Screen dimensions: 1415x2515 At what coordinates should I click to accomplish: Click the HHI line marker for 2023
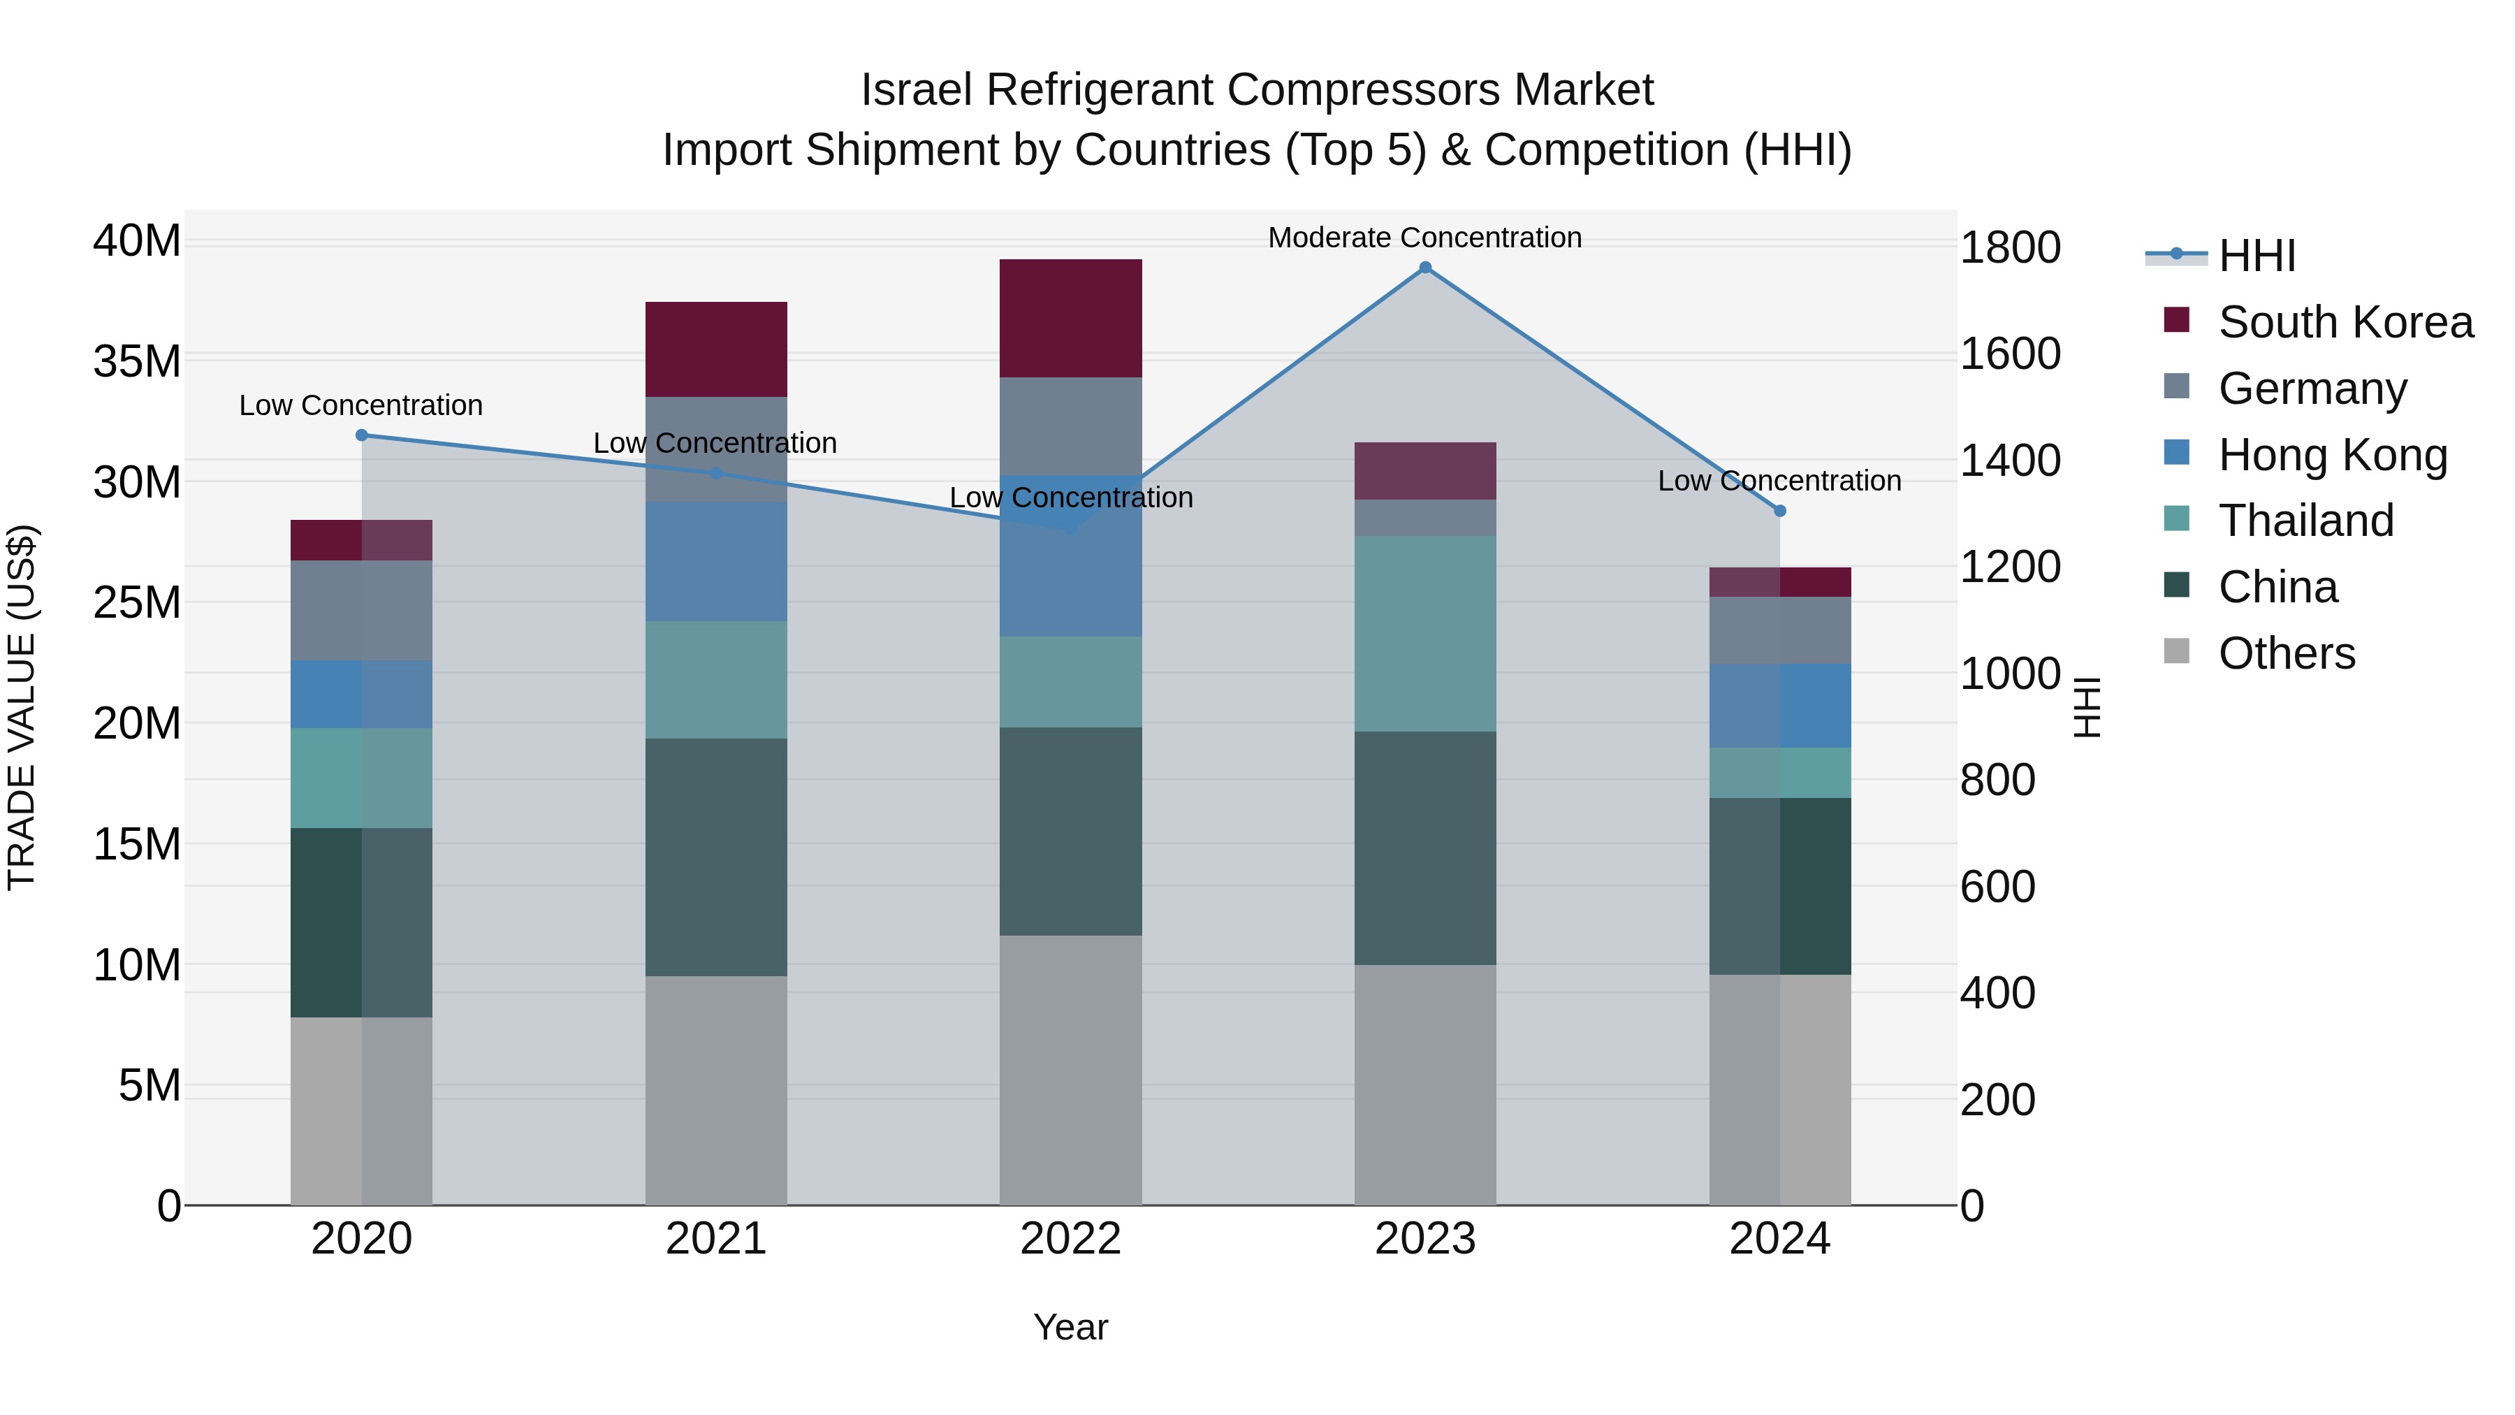tap(1424, 268)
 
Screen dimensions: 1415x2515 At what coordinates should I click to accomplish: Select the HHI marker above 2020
tap(361, 435)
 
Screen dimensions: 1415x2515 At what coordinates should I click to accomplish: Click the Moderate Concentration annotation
tap(1424, 238)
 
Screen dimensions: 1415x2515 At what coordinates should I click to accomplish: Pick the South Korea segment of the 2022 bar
tap(1070, 319)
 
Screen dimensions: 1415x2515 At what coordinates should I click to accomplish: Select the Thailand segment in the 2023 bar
tap(1424, 633)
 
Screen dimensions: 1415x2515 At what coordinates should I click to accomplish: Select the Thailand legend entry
tap(2305, 521)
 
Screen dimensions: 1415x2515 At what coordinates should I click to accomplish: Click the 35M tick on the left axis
tap(137, 361)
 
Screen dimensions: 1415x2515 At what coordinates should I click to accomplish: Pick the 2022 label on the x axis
tap(1070, 1239)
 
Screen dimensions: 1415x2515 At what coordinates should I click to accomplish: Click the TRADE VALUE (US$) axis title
tap(22, 707)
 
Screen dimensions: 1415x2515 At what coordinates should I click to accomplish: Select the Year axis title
tap(1070, 1327)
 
